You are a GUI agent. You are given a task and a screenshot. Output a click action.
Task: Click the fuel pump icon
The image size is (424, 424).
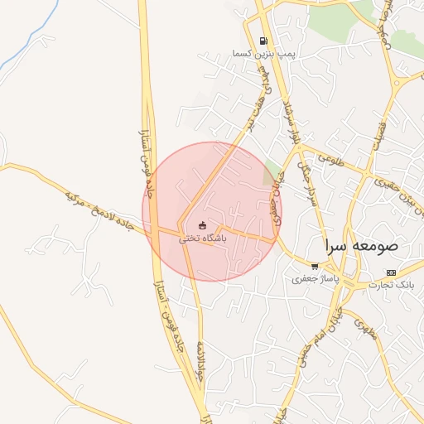click(263, 41)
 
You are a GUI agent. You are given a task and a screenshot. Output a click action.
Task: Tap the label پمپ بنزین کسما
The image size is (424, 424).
click(240, 53)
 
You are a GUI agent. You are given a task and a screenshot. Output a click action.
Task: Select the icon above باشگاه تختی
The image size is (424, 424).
click(203, 225)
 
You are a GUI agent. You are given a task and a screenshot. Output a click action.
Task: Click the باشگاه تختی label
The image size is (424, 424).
click(203, 238)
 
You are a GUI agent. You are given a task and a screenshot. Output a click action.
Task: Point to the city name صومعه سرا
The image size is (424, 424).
click(362, 246)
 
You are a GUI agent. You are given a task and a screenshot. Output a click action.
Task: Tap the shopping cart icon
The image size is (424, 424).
click(315, 267)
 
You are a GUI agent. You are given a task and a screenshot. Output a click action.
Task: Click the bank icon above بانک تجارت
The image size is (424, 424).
click(391, 272)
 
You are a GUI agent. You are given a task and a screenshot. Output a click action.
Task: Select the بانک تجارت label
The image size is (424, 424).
click(390, 284)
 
